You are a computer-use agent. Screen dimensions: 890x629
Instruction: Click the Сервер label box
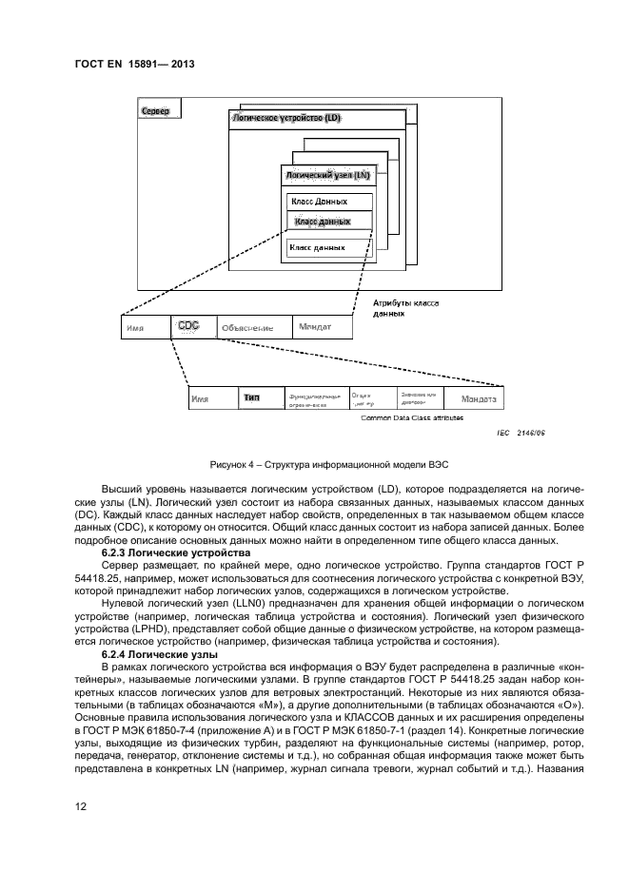coord(160,112)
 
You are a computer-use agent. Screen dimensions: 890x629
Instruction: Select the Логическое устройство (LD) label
coord(287,119)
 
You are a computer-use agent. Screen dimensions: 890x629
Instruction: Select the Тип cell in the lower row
coord(252,398)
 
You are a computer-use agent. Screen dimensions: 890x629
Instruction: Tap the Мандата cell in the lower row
coord(480,398)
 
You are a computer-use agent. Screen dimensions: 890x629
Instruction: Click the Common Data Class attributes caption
coord(412,417)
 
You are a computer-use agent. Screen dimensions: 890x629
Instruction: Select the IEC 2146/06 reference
coord(518,433)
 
